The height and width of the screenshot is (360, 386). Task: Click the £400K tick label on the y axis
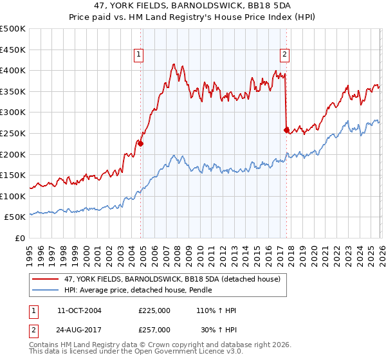click(13, 71)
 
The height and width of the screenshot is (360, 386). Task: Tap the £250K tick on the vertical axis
click(13, 133)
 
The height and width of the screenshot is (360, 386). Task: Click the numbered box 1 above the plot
click(138, 55)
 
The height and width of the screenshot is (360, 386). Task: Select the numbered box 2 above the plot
click(284, 55)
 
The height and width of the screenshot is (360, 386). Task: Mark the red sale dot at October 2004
click(140, 144)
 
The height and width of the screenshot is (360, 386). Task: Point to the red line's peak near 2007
click(174, 64)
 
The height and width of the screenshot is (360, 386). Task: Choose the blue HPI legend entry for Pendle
click(142, 291)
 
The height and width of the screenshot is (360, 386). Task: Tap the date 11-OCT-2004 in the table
click(79, 310)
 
